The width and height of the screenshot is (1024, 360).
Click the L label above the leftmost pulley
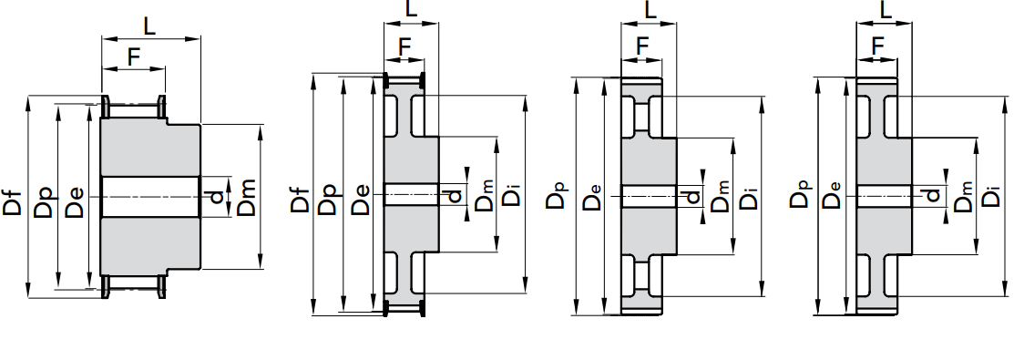click(149, 26)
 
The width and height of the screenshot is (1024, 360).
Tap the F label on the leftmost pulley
click(133, 57)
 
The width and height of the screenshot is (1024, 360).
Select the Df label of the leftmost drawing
click(14, 201)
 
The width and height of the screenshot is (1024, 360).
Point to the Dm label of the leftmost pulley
click(247, 197)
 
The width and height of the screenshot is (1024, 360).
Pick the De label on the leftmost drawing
click(75, 201)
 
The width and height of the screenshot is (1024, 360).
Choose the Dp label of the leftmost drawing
click(45, 201)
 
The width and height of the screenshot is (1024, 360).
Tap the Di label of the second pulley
click(513, 196)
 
